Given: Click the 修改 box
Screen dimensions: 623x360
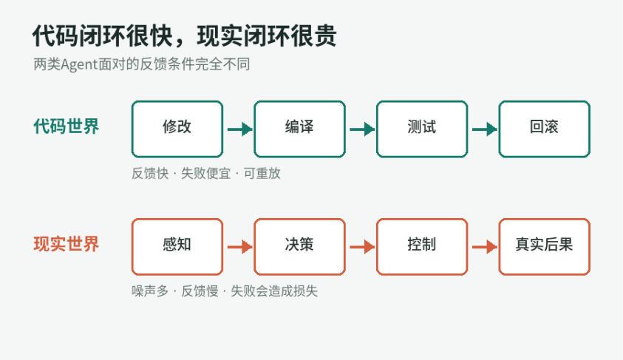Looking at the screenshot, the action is [x=177, y=129].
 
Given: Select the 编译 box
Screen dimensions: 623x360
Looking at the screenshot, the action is [x=299, y=129].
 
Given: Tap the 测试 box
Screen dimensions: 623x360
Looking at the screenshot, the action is [x=422, y=129].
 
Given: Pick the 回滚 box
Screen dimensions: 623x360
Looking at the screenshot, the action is [x=545, y=129].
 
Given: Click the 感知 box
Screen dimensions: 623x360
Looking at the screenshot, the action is [x=177, y=247].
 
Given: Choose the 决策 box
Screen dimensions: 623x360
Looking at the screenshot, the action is [x=299, y=247].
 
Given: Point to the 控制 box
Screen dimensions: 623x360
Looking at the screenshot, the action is [x=422, y=247].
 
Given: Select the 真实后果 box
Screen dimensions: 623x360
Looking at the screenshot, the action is [x=545, y=247].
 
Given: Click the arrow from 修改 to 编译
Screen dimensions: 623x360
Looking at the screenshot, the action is [x=239, y=129].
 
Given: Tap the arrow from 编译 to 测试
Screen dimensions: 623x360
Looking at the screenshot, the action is [x=362, y=129].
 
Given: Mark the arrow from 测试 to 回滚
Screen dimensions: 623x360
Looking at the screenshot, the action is [x=484, y=129].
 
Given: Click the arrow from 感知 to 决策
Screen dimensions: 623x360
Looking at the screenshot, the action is [x=239, y=247].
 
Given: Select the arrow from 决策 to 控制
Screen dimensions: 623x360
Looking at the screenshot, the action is [x=362, y=247].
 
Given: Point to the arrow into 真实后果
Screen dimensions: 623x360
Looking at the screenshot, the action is [x=484, y=247].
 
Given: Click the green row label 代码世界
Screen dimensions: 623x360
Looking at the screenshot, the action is [x=66, y=126].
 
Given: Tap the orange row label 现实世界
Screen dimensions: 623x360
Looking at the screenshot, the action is [x=66, y=244].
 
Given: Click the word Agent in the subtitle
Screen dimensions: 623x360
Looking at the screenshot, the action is [x=79, y=65].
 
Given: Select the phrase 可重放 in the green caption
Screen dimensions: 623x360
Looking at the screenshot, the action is [x=262, y=174].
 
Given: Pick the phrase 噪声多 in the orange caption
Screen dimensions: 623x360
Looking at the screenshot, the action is [x=150, y=291].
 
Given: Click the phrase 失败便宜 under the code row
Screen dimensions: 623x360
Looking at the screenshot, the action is [x=205, y=174].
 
